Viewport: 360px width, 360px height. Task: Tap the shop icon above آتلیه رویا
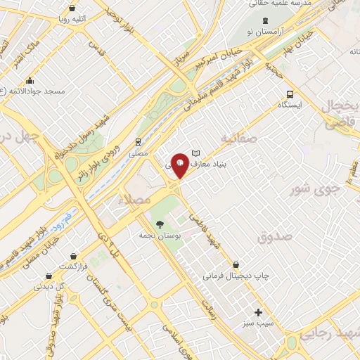tap(67, 8)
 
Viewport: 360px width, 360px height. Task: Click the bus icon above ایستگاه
tap(289, 94)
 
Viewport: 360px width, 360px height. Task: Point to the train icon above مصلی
tap(139, 141)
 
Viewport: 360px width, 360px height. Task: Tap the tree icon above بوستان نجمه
tap(160, 225)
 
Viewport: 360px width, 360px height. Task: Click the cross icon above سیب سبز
tap(258, 312)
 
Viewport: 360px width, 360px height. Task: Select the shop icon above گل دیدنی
tap(48, 276)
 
